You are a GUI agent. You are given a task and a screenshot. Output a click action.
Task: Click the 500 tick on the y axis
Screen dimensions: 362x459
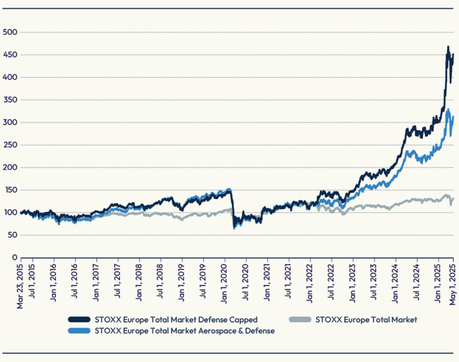(x=9, y=32)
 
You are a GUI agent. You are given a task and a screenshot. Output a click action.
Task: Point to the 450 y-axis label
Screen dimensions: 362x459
(x=9, y=55)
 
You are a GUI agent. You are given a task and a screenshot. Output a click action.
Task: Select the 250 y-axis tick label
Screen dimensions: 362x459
(x=9, y=145)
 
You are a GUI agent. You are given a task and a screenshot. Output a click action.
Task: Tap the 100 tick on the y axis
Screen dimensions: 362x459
(x=9, y=213)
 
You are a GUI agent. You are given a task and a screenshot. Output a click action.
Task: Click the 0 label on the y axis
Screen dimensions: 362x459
(x=14, y=257)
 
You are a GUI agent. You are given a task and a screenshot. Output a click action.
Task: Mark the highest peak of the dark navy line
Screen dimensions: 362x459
(x=448, y=47)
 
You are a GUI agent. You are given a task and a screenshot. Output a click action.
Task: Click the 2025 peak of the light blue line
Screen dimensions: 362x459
(x=448, y=109)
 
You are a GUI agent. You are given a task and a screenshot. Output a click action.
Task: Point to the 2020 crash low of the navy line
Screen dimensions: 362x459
(x=234, y=226)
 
